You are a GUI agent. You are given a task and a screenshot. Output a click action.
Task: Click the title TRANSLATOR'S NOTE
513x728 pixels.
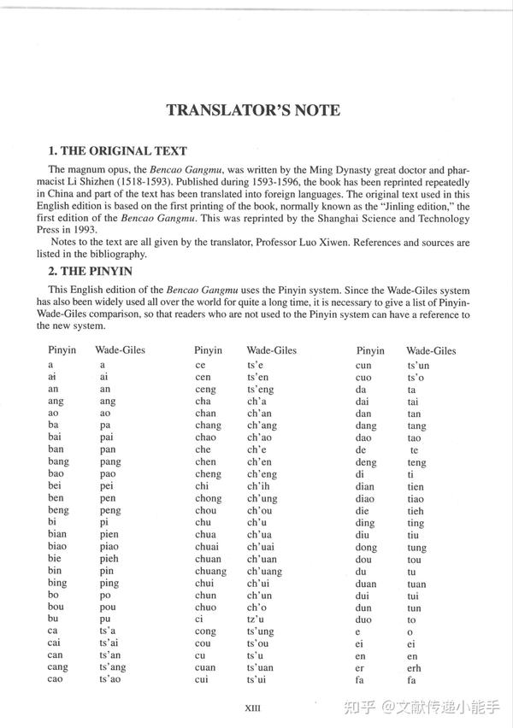tap(253, 110)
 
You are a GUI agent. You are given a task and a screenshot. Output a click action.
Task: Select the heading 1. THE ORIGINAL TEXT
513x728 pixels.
tap(117, 151)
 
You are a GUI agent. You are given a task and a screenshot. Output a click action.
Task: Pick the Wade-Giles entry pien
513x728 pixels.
tap(110, 535)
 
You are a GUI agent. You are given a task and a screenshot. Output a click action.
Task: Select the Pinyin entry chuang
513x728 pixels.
tap(210, 572)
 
